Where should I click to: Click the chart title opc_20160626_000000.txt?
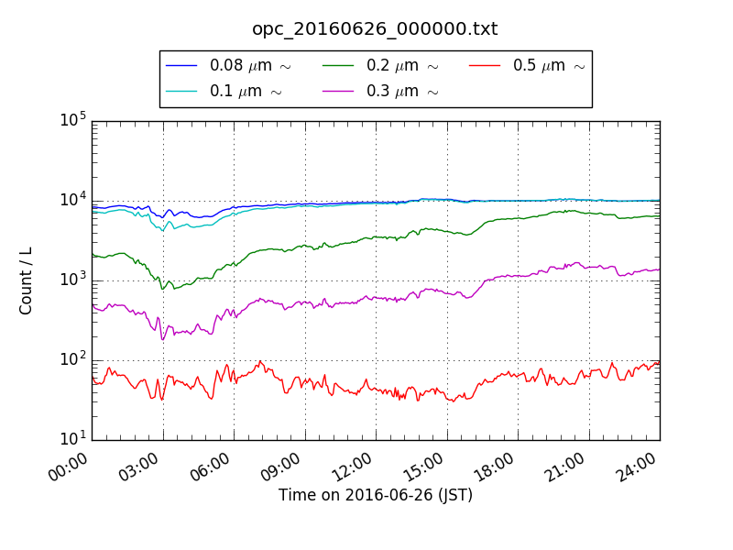pyautogui.click(x=375, y=28)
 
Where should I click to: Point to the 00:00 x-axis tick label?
pyautogui.click(x=70, y=467)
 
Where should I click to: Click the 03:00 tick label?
pyautogui.click(x=141, y=467)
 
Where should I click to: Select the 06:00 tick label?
pyautogui.click(x=212, y=467)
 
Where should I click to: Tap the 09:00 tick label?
pyautogui.click(x=283, y=467)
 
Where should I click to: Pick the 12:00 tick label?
pyautogui.click(x=354, y=467)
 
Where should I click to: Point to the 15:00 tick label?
pyautogui.click(x=425, y=467)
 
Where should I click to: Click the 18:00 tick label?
pyautogui.click(x=496, y=467)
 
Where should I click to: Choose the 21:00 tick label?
pyautogui.click(x=567, y=467)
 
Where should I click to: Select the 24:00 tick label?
pyautogui.click(x=638, y=467)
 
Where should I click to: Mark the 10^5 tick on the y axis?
pyautogui.click(x=73, y=120)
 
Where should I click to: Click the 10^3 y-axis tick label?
pyautogui.click(x=73, y=280)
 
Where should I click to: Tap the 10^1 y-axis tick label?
pyautogui.click(x=73, y=439)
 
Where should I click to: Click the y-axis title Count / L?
pyautogui.click(x=27, y=280)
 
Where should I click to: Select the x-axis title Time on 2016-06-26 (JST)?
pyautogui.click(x=376, y=495)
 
